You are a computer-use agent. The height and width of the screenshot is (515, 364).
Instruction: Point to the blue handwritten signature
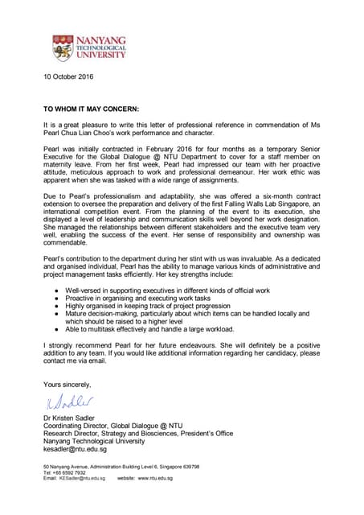pyautogui.click(x=67, y=402)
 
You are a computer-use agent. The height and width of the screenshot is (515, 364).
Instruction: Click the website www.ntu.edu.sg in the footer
pyautogui.click(x=157, y=477)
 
